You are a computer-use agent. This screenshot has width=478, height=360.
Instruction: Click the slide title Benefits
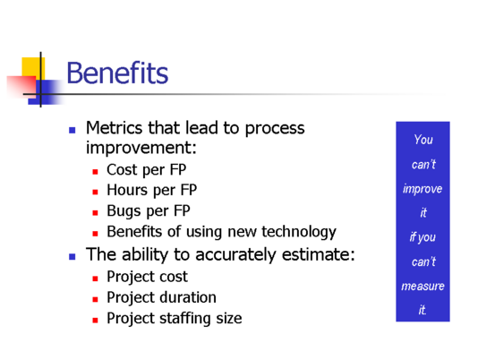[x=117, y=73]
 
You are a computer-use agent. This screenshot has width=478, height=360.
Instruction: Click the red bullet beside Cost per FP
[x=95, y=172]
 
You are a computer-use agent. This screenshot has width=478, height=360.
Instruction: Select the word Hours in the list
[x=128, y=190]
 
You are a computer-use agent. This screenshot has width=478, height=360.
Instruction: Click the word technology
[x=299, y=232]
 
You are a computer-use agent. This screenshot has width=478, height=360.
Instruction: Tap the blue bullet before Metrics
[x=73, y=130]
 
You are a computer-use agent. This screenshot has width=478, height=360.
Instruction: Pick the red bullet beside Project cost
[x=95, y=279]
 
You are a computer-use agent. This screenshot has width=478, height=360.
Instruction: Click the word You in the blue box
[x=423, y=140]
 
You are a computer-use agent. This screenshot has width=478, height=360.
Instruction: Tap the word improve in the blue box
[x=423, y=189]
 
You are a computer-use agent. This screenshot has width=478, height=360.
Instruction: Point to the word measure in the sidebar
[x=423, y=287]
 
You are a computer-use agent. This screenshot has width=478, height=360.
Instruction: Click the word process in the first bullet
[x=275, y=128]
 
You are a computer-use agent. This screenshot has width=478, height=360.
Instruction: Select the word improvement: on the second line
[x=141, y=148]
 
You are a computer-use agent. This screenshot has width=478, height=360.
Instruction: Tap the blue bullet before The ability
[x=73, y=257]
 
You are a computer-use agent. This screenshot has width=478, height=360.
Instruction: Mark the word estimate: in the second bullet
[x=319, y=253]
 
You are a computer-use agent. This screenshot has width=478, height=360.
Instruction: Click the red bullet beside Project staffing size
[x=95, y=320]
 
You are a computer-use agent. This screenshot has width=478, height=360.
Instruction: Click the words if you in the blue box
[x=423, y=237]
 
